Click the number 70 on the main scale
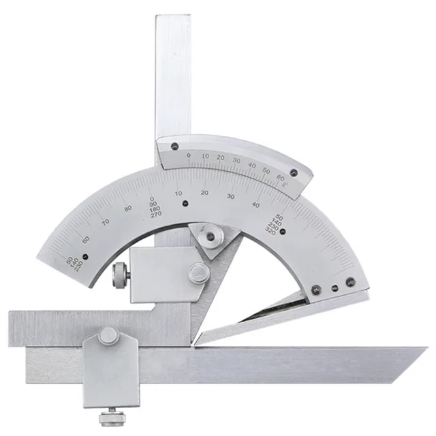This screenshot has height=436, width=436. (x=104, y=221)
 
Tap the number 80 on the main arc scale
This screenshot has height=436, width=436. (x=127, y=208)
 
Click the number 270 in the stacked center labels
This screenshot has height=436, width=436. (x=156, y=215)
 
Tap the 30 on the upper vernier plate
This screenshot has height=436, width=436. (x=236, y=160)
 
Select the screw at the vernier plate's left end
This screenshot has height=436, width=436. (x=174, y=145)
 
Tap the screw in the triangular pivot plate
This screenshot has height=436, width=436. (x=211, y=236)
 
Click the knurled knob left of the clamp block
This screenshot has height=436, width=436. (x=120, y=276)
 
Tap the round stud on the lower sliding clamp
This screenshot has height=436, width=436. (x=107, y=334)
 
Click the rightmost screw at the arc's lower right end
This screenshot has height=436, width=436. (x=350, y=281)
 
